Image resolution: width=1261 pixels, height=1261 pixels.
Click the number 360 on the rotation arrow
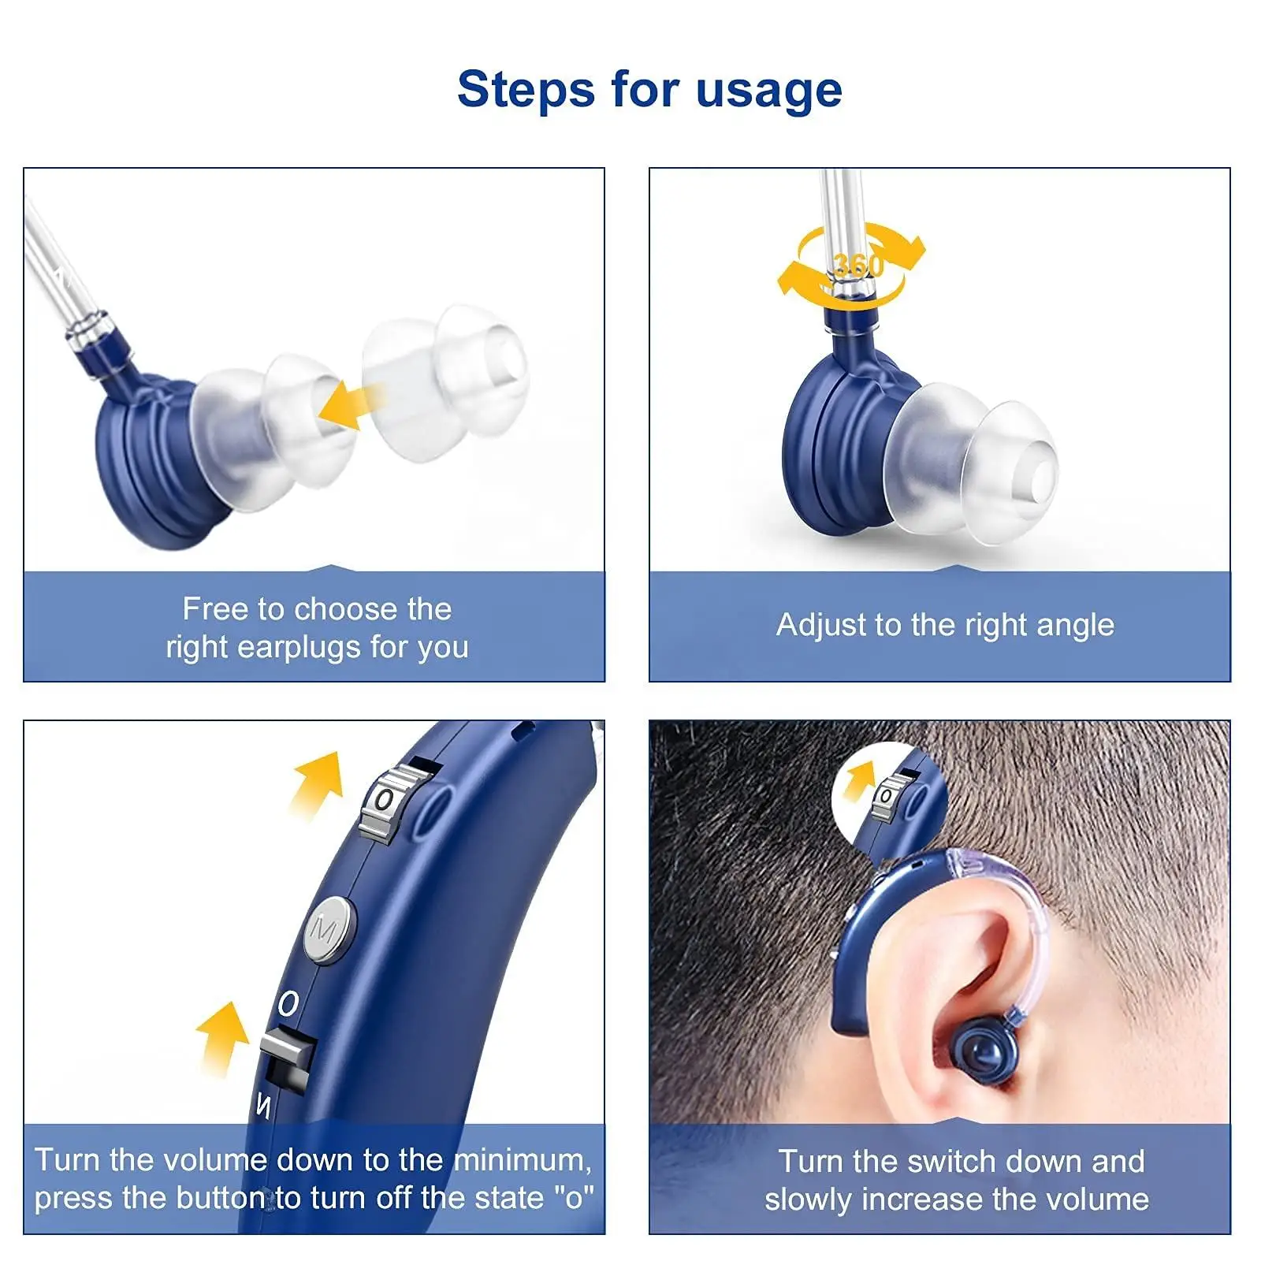(857, 266)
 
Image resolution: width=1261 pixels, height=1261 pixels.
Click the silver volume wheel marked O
(388, 801)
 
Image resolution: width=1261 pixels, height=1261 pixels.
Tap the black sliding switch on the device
(288, 1056)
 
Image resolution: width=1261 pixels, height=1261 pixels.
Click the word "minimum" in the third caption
(523, 1160)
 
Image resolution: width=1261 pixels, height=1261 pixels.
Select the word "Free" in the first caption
(215, 608)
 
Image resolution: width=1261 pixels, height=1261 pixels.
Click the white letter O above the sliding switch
(288, 1003)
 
